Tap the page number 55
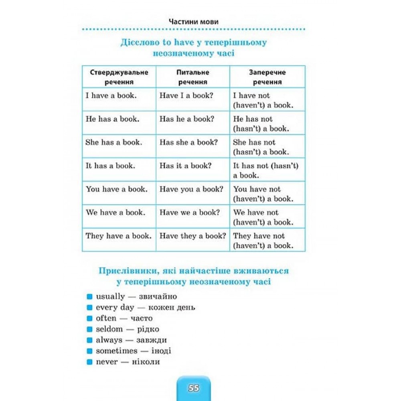pos(193,388)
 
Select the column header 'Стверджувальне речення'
pos(119,77)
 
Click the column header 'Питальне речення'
pos(193,77)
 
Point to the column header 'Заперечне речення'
pos(267,77)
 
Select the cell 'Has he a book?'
pos(187,119)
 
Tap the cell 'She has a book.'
pos(114,142)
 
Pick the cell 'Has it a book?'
pos(185,166)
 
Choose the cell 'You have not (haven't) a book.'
pos(263,194)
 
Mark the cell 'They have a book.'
pos(119,236)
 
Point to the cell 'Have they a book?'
pos(193,236)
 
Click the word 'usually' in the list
pos(110,297)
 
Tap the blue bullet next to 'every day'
pos(89,308)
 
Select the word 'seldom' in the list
pos(109,329)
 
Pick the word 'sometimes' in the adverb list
pos(116,351)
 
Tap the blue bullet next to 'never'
pos(89,362)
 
